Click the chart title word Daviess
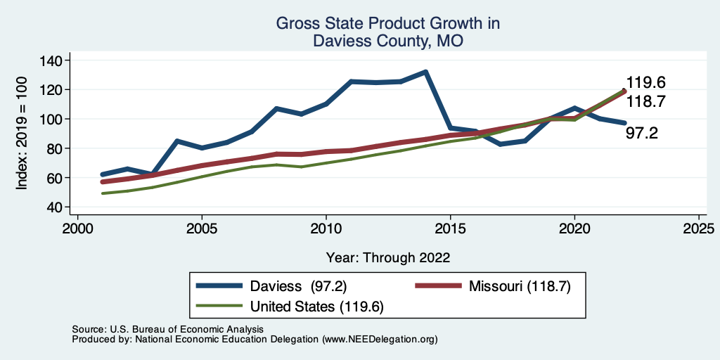point(340,41)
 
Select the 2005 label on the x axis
point(202,229)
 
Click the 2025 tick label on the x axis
point(699,229)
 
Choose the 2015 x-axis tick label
point(450,229)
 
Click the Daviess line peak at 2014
point(425,72)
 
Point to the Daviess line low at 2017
point(500,144)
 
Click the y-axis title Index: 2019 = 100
point(22,134)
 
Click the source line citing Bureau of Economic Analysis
point(167,329)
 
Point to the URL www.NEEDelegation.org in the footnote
point(378,339)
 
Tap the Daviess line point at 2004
point(177,141)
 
